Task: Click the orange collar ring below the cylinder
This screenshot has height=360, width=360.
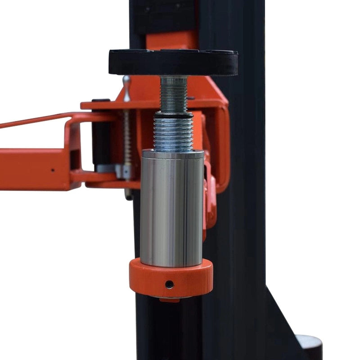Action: pos(171,279)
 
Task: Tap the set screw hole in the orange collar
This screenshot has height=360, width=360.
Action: pos(169,284)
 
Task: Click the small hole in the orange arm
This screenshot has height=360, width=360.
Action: pos(52,170)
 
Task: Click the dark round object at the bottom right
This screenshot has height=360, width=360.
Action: pos(310,346)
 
